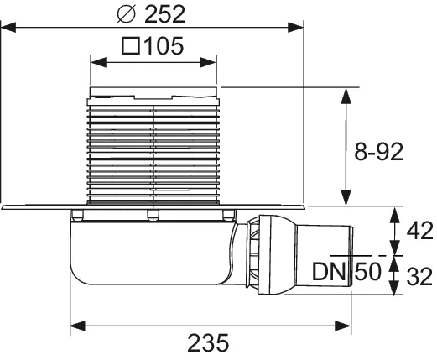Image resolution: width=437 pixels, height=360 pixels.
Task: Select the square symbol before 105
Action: (133, 46)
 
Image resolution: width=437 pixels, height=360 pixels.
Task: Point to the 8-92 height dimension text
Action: (378, 151)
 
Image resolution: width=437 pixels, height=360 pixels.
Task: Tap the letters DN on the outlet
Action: (330, 271)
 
